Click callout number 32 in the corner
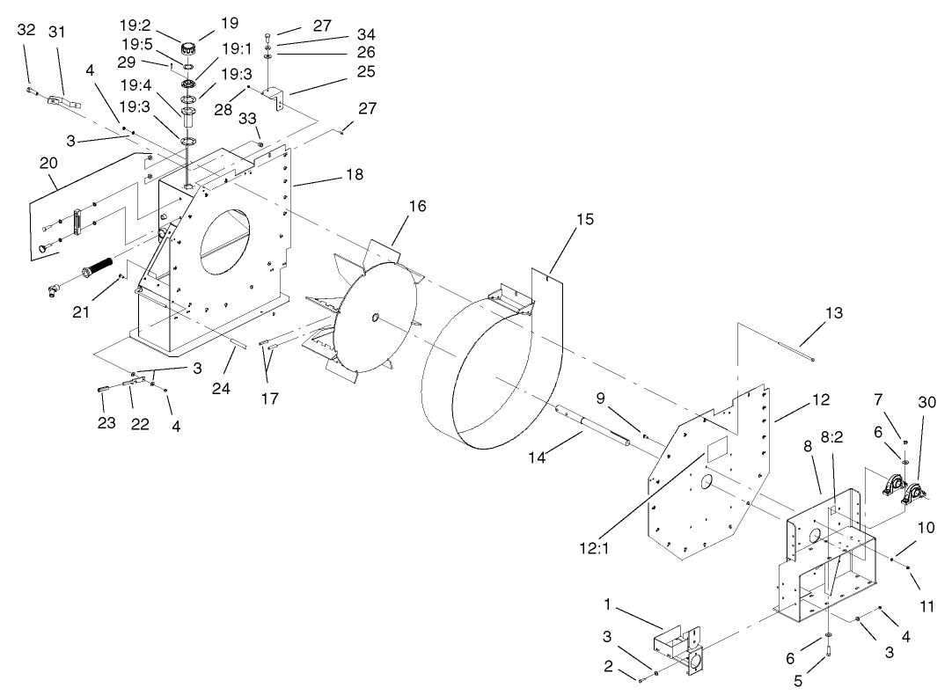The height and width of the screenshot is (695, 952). point(26,30)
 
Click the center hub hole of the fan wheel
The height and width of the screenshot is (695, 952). point(376,317)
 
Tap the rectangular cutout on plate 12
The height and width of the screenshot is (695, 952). point(717,448)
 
